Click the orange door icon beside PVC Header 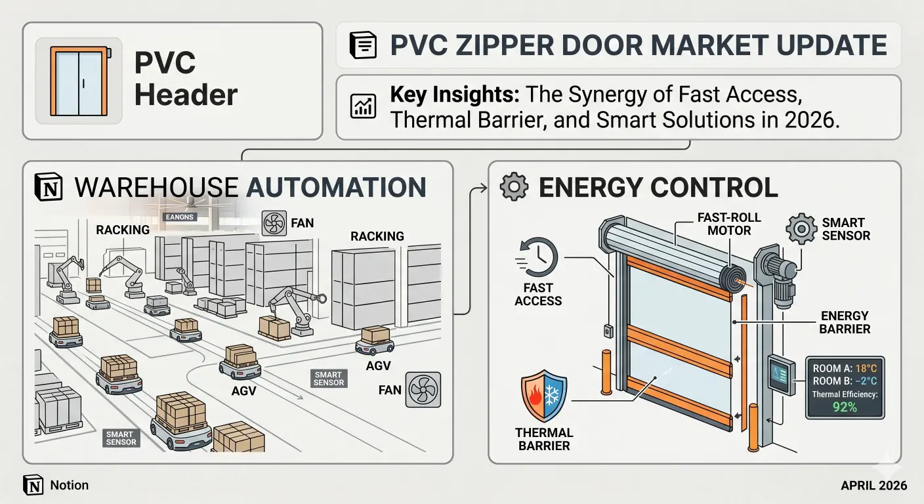79,81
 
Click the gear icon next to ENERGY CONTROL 513,187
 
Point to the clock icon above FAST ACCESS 539,257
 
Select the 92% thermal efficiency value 844,407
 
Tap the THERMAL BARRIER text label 544,439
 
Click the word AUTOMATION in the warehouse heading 336,187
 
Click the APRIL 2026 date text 873,486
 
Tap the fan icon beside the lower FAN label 423,390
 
